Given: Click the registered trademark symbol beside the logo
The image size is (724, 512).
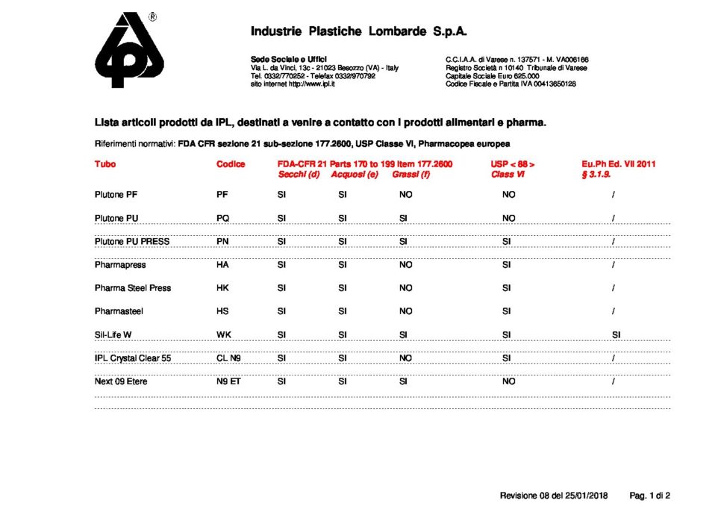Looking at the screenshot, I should click(x=153, y=17).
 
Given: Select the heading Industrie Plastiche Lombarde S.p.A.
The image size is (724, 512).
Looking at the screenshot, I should click(x=358, y=31).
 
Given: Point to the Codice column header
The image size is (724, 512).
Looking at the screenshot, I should click(x=231, y=164).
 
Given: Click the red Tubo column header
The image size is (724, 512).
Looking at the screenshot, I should click(x=105, y=164).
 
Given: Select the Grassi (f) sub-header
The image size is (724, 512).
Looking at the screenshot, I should click(x=411, y=175).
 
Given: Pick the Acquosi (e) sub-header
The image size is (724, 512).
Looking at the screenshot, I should click(x=355, y=175).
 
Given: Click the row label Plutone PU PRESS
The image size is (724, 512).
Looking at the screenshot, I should click(x=132, y=241).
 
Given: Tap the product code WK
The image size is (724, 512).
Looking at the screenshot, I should click(x=223, y=334).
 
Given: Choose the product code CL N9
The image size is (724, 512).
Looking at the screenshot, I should click(x=228, y=358).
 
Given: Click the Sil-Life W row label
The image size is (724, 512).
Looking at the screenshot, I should click(x=113, y=334).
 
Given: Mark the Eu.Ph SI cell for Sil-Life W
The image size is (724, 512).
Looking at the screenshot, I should click(x=616, y=334).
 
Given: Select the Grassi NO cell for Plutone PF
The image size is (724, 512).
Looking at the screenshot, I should click(x=405, y=195).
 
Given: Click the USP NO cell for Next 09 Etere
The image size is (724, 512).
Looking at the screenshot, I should click(x=508, y=381).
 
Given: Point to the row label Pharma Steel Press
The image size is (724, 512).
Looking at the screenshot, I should click(x=133, y=288).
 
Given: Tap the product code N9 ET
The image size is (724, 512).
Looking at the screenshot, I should click(x=228, y=381).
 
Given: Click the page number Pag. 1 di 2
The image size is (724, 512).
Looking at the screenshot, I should click(x=650, y=495).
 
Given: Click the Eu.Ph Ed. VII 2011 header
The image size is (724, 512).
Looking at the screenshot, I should click(x=618, y=164).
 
